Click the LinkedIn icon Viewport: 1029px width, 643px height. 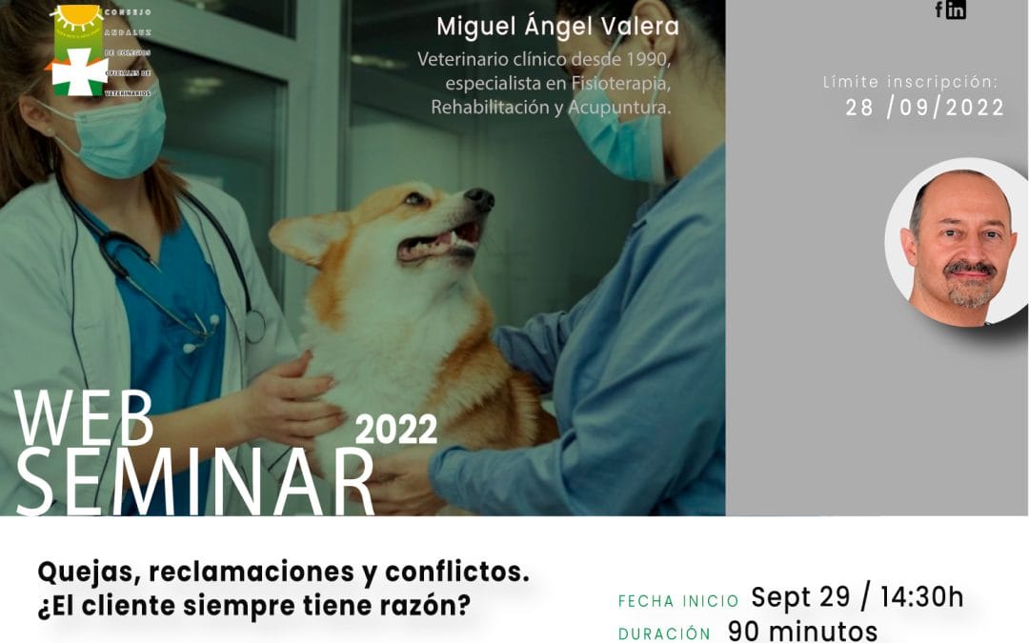956,10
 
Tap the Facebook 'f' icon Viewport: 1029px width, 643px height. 939,10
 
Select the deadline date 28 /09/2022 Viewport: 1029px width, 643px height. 925,108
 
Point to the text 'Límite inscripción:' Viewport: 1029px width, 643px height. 910,82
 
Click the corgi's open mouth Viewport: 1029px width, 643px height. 440,242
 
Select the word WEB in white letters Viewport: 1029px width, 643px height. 84,418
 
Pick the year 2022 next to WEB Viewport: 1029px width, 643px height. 395,430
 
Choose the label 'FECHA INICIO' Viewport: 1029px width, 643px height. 678,601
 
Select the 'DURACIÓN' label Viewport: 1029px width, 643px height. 664,634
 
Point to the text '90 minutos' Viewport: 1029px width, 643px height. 802,631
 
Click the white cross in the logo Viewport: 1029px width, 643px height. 80,71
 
